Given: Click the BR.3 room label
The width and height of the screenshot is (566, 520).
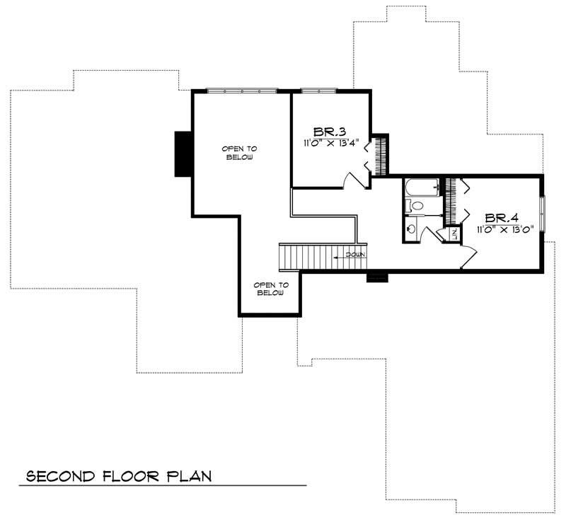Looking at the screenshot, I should (330, 131).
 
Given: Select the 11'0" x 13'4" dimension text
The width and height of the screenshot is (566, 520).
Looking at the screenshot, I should (330, 142).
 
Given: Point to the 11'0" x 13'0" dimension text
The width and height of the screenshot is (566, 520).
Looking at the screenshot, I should (503, 229).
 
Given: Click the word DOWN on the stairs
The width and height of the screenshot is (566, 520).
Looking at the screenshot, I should (354, 254).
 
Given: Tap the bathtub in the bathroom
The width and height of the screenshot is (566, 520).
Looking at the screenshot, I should (422, 188).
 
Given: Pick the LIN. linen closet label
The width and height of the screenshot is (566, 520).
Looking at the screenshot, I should (454, 233).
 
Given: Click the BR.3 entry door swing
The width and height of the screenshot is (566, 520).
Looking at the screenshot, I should (354, 180).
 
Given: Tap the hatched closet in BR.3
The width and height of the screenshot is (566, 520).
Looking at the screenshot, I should (381, 154).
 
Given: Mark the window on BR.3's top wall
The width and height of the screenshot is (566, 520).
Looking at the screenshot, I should (318, 91).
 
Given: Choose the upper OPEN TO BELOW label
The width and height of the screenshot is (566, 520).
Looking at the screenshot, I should (239, 152).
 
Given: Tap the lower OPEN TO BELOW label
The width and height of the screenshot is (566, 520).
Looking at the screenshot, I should (271, 289).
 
